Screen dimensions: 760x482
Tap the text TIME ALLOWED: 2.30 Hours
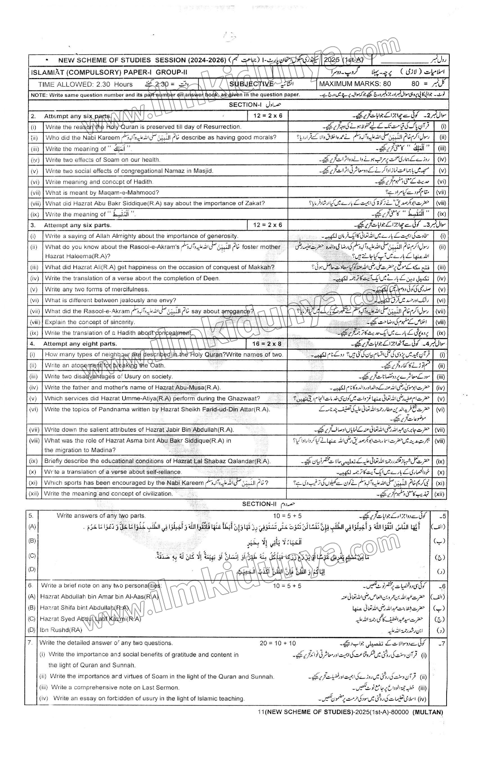click(x=85, y=84)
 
